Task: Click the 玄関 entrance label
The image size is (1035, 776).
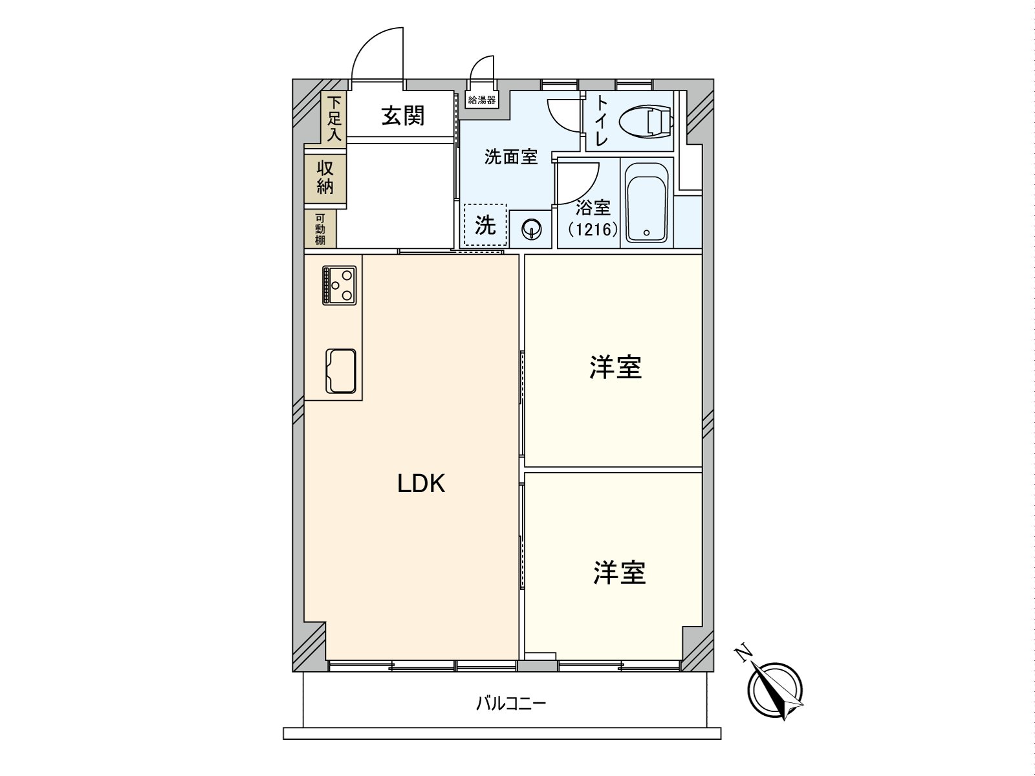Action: click(x=403, y=116)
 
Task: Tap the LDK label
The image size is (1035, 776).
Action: click(x=421, y=483)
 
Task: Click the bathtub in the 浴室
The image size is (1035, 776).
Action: click(x=647, y=202)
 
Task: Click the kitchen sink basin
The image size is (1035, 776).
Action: click(x=340, y=371)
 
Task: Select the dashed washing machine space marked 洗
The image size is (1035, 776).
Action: click(x=485, y=225)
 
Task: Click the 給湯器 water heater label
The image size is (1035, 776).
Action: click(x=482, y=100)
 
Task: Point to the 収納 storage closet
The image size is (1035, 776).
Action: click(x=325, y=177)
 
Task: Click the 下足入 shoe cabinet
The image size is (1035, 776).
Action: click(x=334, y=118)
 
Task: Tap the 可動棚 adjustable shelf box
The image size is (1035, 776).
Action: click(x=321, y=229)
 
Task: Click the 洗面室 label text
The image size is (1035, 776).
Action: click(x=511, y=157)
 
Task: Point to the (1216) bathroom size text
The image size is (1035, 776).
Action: click(x=593, y=229)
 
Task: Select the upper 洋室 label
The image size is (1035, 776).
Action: click(x=615, y=367)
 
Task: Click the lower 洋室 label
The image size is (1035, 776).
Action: click(x=619, y=572)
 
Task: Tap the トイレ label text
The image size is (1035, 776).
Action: click(x=601, y=121)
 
